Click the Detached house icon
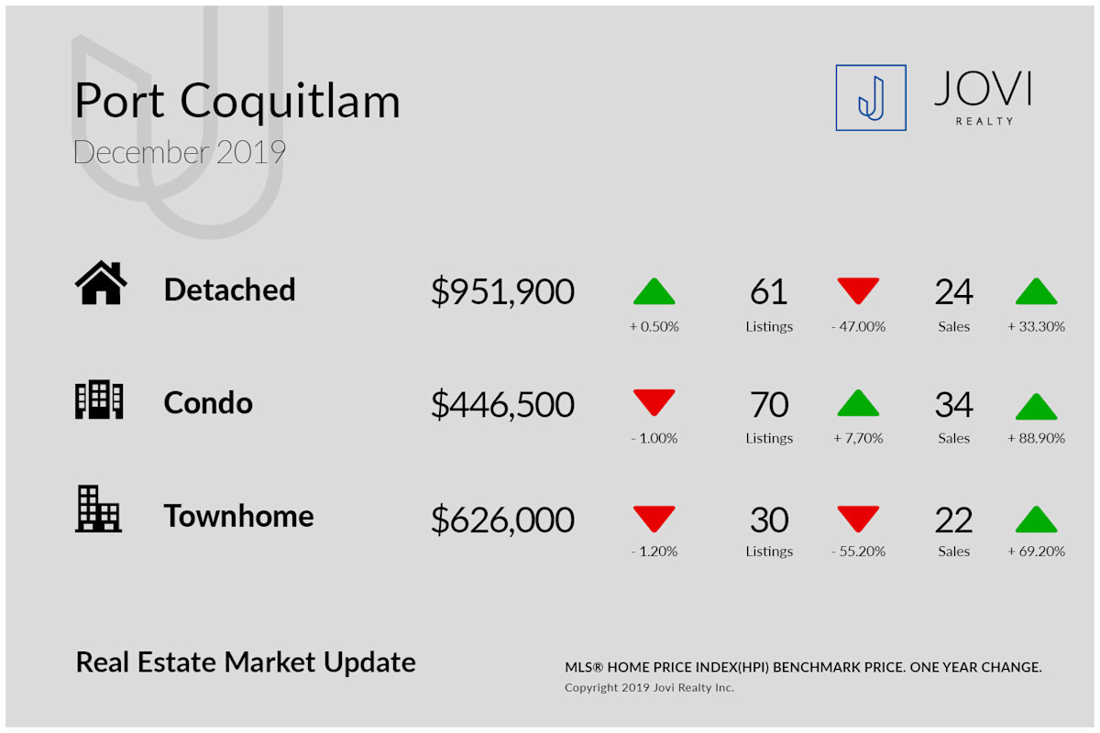101,282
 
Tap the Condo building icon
99,399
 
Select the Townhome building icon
98,509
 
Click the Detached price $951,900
502,291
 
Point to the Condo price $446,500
502,405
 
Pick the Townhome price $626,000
502,520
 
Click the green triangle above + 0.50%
654,291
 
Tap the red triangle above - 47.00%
858,290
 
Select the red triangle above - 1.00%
654,402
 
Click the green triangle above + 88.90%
1036,407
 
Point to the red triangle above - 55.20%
858,519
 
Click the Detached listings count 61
768,291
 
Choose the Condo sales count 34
953,405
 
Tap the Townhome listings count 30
769,520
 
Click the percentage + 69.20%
1036,552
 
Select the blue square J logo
871,98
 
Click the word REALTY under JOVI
984,121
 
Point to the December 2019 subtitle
180,152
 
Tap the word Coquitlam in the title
291,102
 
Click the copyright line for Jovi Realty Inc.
649,687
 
